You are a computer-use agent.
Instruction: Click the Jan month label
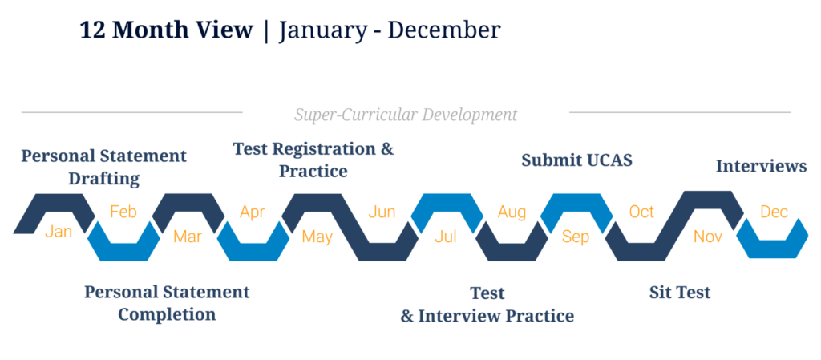coord(59,232)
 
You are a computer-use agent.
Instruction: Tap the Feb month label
coord(123,212)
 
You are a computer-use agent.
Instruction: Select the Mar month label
coord(188,237)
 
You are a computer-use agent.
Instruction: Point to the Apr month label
coord(253,212)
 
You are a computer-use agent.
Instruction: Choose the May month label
coord(317,237)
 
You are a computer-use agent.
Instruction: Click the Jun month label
coord(382,212)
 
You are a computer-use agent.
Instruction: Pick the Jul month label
coord(446,237)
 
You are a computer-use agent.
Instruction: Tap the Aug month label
coord(512,212)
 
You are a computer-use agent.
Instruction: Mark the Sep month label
coord(576,237)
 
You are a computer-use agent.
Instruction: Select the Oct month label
coord(641,212)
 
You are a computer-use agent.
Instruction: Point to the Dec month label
coord(774,212)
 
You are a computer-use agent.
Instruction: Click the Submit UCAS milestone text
coord(576,160)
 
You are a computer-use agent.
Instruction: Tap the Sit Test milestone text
coord(680,292)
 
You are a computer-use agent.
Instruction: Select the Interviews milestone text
coord(762,167)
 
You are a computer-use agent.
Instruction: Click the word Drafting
coord(104,180)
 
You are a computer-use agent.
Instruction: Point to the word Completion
coord(167,315)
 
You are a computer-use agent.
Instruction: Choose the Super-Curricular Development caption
coord(406,115)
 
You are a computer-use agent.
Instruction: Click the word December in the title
coord(444,30)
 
